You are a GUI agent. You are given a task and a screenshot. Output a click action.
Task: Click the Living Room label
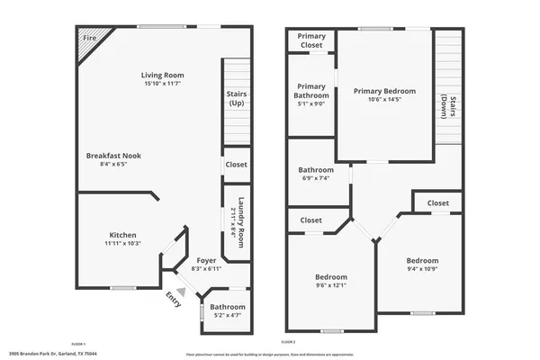click(162, 75)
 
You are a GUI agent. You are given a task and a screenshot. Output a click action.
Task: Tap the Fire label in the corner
click(90, 39)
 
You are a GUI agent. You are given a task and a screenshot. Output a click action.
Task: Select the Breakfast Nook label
click(113, 156)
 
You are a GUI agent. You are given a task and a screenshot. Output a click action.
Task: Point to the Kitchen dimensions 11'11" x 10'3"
click(122, 244)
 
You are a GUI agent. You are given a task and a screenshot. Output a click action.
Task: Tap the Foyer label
click(206, 260)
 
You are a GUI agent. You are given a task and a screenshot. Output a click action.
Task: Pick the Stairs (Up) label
click(236, 98)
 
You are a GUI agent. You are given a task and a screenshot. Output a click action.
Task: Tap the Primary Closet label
click(310, 41)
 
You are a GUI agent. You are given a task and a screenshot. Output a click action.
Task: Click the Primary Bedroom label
click(384, 91)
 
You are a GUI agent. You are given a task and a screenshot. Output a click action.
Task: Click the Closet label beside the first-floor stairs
click(236, 165)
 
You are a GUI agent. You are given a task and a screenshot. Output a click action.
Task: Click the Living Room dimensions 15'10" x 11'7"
click(162, 84)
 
